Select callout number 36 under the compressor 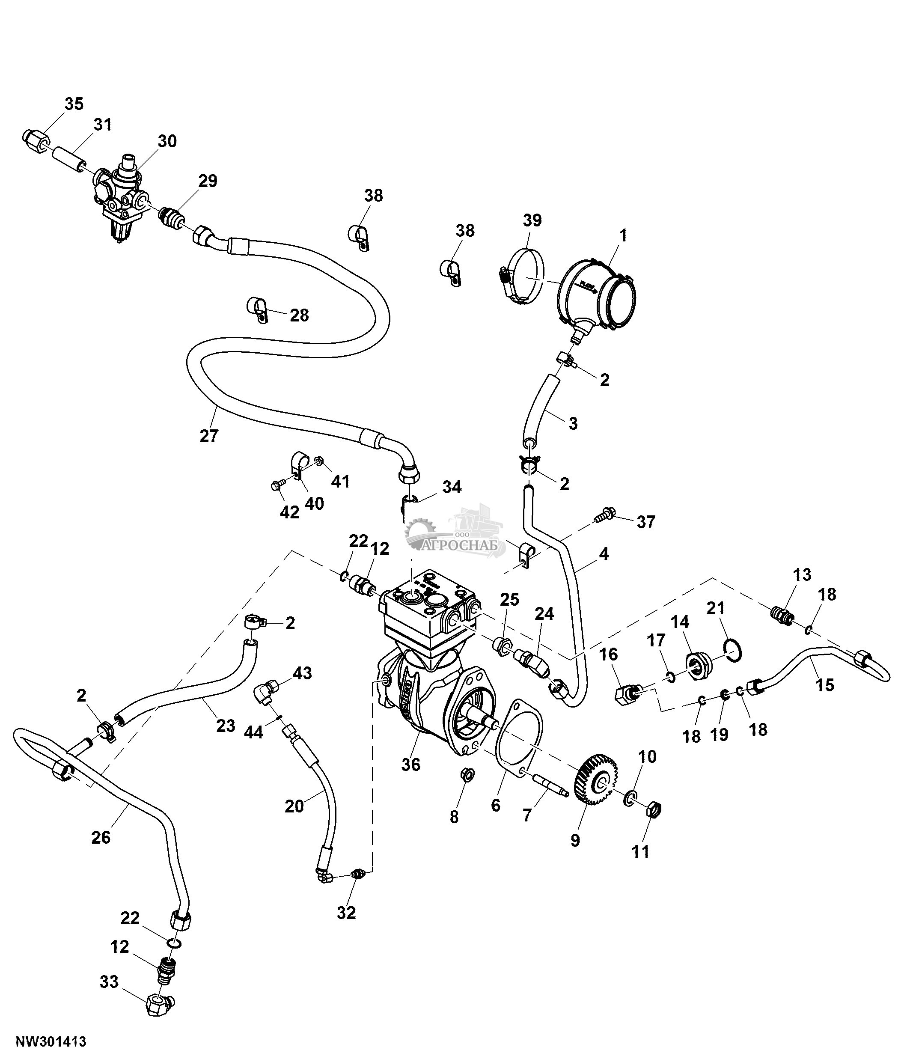410,765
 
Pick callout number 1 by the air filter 623,236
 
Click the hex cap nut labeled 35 36,138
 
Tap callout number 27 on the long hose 208,436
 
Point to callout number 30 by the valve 167,141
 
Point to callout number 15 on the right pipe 825,685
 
